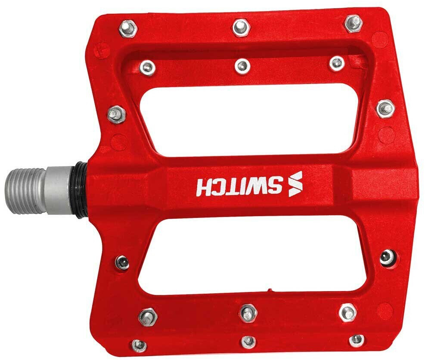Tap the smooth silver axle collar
[x=59, y=191]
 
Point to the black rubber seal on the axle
[x=82, y=190]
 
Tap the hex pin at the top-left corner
[x=127, y=28]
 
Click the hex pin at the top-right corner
[x=354, y=23]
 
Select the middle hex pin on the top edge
[x=242, y=27]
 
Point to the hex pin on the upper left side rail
[x=116, y=114]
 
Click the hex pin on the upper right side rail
[x=385, y=108]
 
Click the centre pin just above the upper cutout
[x=242, y=66]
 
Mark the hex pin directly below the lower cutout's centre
[x=248, y=312]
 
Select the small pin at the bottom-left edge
[x=139, y=345]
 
